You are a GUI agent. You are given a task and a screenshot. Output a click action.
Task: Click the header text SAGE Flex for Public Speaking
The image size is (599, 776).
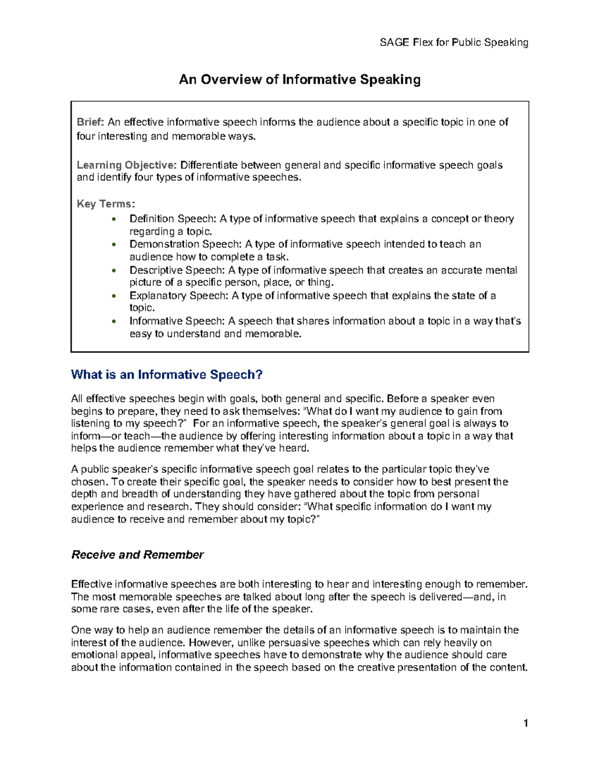click(x=454, y=42)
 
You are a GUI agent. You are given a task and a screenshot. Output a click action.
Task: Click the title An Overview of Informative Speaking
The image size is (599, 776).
click(x=299, y=79)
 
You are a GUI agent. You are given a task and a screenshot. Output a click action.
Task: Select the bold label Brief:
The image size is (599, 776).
click(x=90, y=122)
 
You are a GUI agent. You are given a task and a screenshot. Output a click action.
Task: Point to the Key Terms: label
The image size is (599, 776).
click(x=106, y=204)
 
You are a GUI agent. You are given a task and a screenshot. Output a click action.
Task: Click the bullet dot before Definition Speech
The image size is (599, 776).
click(x=114, y=219)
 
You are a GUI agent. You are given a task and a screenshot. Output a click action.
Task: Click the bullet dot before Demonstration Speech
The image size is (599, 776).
click(x=114, y=245)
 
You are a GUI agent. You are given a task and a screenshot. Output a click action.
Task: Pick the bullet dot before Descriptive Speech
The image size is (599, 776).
click(x=114, y=270)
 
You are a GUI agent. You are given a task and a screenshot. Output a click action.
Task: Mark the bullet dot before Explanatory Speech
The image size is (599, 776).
click(x=114, y=296)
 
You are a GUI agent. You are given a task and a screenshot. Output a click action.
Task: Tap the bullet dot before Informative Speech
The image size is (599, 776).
click(x=114, y=322)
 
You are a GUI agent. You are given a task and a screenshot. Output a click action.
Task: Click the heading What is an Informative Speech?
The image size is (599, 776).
click(x=167, y=375)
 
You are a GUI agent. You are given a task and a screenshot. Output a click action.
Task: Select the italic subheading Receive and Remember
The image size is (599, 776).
click(x=137, y=555)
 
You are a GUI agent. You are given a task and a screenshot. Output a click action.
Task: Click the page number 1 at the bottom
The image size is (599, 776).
click(x=526, y=723)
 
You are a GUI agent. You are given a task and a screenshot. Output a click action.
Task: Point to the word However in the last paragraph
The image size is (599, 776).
click(x=209, y=643)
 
